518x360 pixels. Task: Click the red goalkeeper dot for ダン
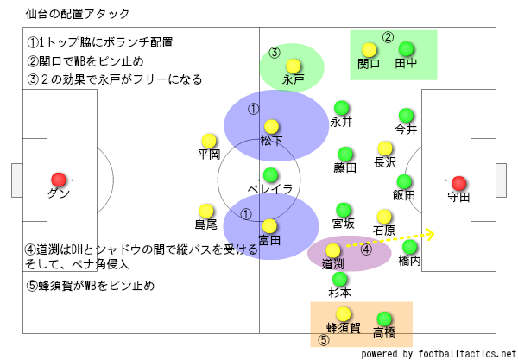(x=59, y=179)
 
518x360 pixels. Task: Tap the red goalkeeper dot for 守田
(x=458, y=182)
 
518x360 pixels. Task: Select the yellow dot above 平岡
(x=208, y=140)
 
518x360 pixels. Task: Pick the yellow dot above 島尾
(x=206, y=210)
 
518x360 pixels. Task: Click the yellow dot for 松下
(x=272, y=126)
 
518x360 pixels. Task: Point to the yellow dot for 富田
(x=272, y=226)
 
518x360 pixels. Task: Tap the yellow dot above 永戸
(x=294, y=65)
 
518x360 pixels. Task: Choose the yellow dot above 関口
(x=369, y=50)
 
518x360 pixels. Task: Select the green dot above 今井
(x=406, y=116)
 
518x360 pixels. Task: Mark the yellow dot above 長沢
(x=385, y=148)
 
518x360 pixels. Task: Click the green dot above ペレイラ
(x=271, y=174)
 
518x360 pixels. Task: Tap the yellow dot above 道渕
(x=333, y=249)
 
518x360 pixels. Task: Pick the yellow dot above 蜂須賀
(x=343, y=314)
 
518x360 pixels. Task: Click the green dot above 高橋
(x=384, y=318)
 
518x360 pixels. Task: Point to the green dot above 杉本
(x=340, y=279)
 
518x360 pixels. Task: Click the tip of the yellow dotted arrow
(x=434, y=233)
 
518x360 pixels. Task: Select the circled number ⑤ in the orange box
(x=324, y=340)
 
